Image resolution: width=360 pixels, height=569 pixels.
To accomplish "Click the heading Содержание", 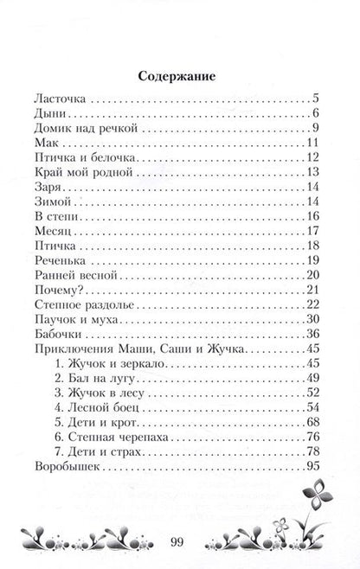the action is [x=180, y=76].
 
